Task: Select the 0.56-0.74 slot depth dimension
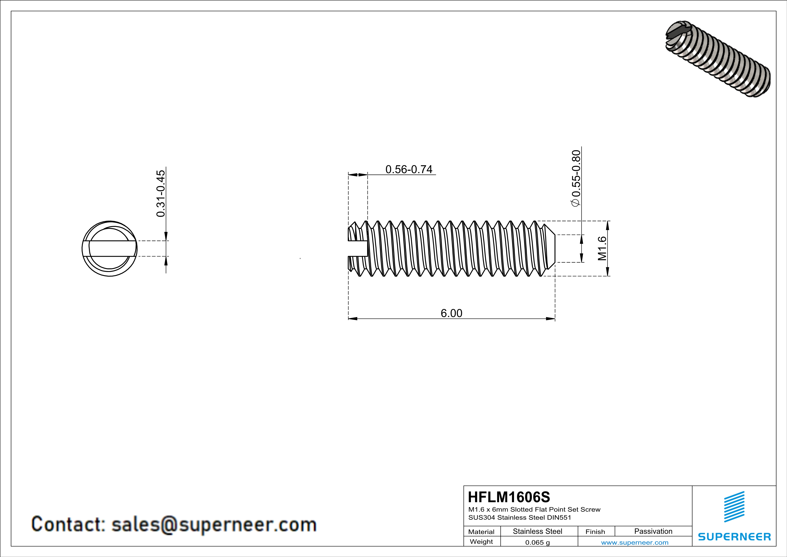tap(409, 169)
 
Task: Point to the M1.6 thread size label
tap(602, 248)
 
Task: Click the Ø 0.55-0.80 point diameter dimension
tap(576, 178)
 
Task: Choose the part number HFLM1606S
tap(509, 497)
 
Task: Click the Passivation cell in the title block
tap(653, 531)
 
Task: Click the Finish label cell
tap(595, 532)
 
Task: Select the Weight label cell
tap(481, 542)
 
